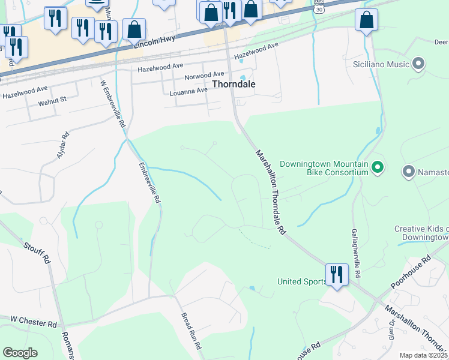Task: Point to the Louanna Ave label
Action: [x=188, y=89]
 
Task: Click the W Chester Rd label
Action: [x=34, y=322]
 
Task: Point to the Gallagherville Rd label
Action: [x=357, y=253]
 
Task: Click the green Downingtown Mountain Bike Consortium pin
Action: [x=378, y=167]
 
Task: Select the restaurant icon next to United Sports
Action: [x=336, y=275]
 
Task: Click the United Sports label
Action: [x=300, y=281]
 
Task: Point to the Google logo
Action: [x=20, y=353]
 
